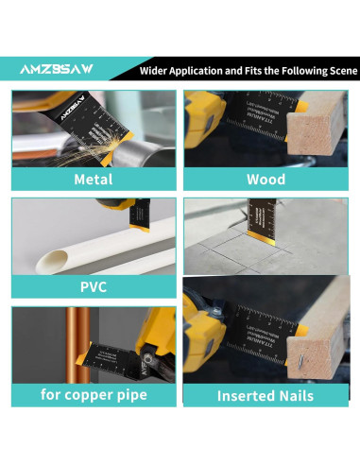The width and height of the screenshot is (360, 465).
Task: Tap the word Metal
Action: pyautogui.click(x=93, y=180)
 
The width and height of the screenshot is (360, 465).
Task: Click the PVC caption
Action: pyautogui.click(x=93, y=287)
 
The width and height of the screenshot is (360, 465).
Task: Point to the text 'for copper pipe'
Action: pyautogui.click(x=93, y=395)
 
